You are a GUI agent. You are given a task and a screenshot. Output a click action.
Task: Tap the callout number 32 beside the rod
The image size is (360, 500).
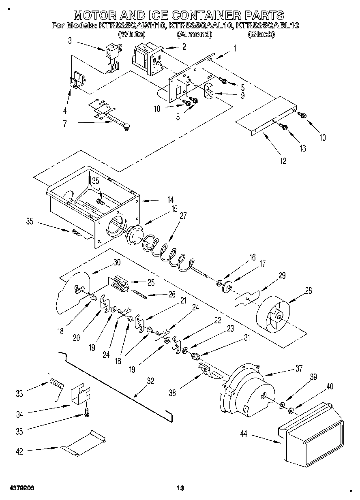(150, 380)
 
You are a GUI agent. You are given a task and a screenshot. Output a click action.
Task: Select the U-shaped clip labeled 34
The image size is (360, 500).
(81, 395)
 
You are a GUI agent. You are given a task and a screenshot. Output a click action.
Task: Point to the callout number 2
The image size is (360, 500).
(184, 47)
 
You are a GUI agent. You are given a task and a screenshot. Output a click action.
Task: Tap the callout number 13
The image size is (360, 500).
(302, 148)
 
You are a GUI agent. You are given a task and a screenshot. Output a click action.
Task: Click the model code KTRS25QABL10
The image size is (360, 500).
(268, 26)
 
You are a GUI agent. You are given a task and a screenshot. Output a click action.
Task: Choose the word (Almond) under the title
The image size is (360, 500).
(194, 34)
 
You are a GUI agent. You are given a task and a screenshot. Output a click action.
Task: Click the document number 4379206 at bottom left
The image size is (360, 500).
(21, 488)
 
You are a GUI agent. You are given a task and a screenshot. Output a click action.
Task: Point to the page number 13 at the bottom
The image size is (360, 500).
(180, 488)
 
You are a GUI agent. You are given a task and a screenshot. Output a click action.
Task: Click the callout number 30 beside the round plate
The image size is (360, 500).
(117, 262)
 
